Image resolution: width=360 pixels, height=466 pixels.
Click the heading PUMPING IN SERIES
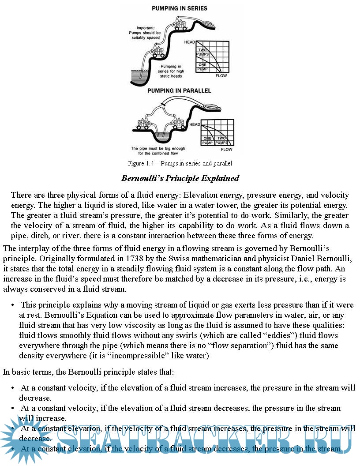click(180, 8)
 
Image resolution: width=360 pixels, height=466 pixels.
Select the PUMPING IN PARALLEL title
click(179, 91)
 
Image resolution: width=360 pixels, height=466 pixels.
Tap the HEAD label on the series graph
click(190, 42)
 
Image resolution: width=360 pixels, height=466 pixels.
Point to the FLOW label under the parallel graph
click(226, 150)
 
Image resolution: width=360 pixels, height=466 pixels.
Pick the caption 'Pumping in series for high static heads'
click(171, 71)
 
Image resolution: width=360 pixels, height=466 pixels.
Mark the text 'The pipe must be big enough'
click(158, 149)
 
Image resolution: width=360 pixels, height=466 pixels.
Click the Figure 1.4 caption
click(180, 163)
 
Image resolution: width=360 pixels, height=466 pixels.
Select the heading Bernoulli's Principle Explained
click(180, 178)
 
